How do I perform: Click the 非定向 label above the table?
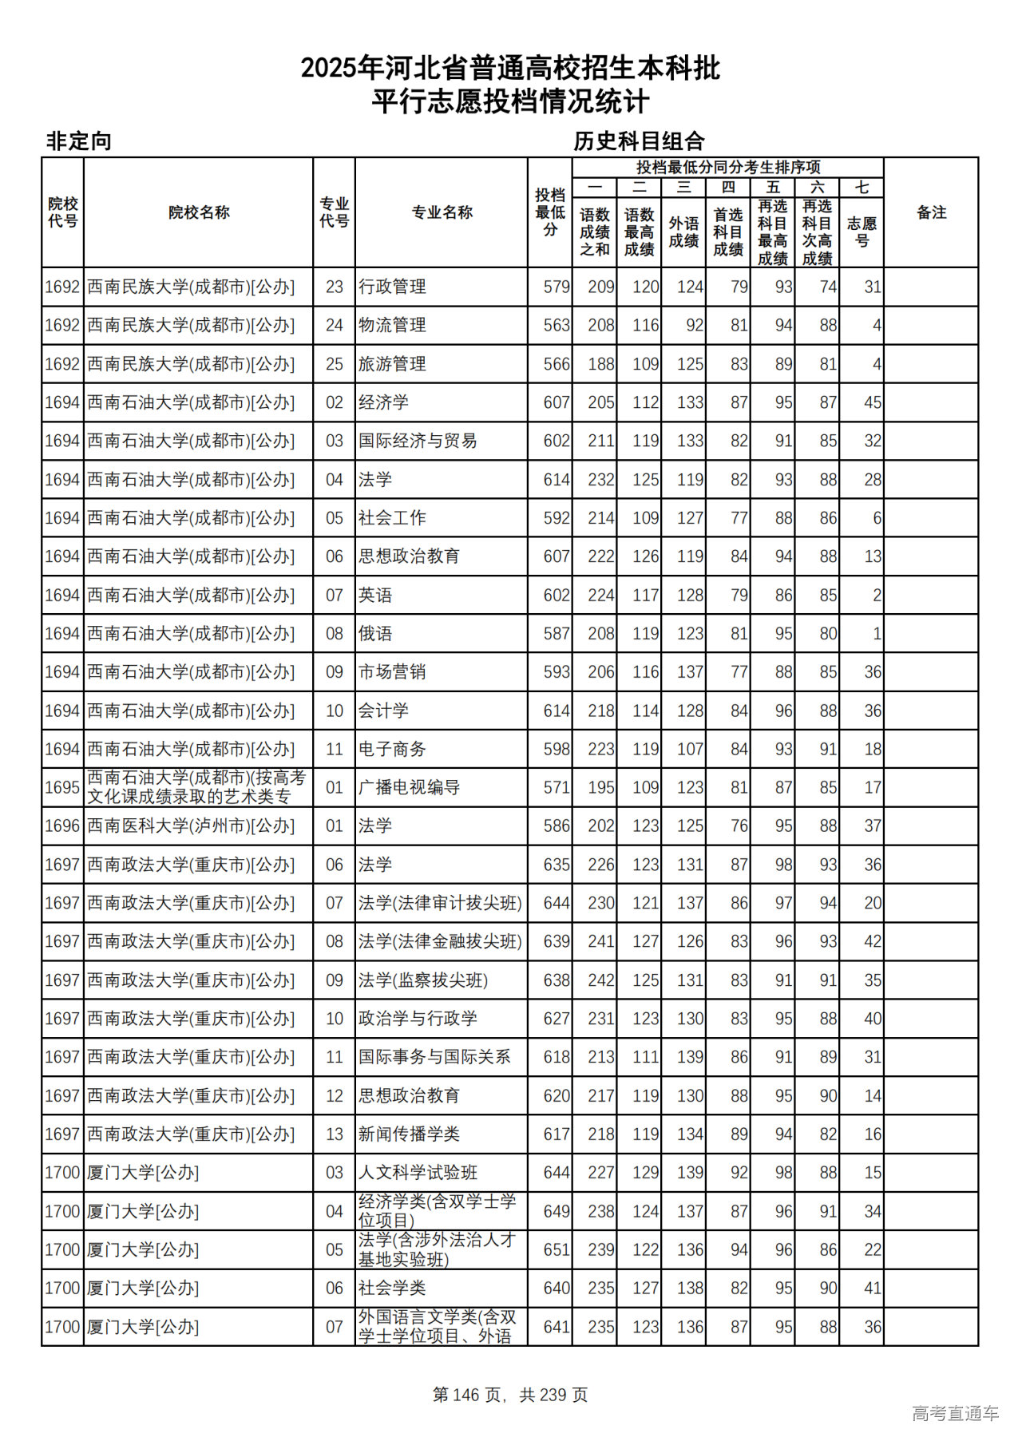[78, 141]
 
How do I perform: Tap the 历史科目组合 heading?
[639, 141]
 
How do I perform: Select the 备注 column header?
[931, 212]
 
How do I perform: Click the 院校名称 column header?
[199, 212]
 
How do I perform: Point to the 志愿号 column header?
[862, 232]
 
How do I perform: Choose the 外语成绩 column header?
[683, 232]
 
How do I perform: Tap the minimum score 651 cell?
[557, 1250]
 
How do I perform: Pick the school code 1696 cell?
[62, 826]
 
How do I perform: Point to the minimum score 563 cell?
[557, 326]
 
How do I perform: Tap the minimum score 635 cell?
[557, 865]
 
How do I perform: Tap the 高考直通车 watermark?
[955, 1414]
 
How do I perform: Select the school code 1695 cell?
[62, 788]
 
